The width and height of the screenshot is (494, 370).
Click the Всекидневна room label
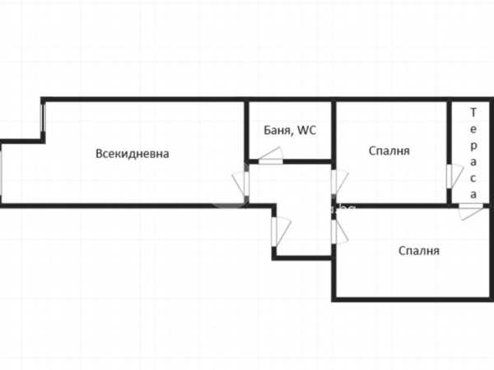point(133,153)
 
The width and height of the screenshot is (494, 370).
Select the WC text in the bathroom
point(306,130)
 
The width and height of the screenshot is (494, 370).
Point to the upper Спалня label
point(389,150)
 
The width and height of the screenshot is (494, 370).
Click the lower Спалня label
point(419,251)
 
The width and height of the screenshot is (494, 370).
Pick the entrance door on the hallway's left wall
point(278,231)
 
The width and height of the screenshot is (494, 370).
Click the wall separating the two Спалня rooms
point(395,205)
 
